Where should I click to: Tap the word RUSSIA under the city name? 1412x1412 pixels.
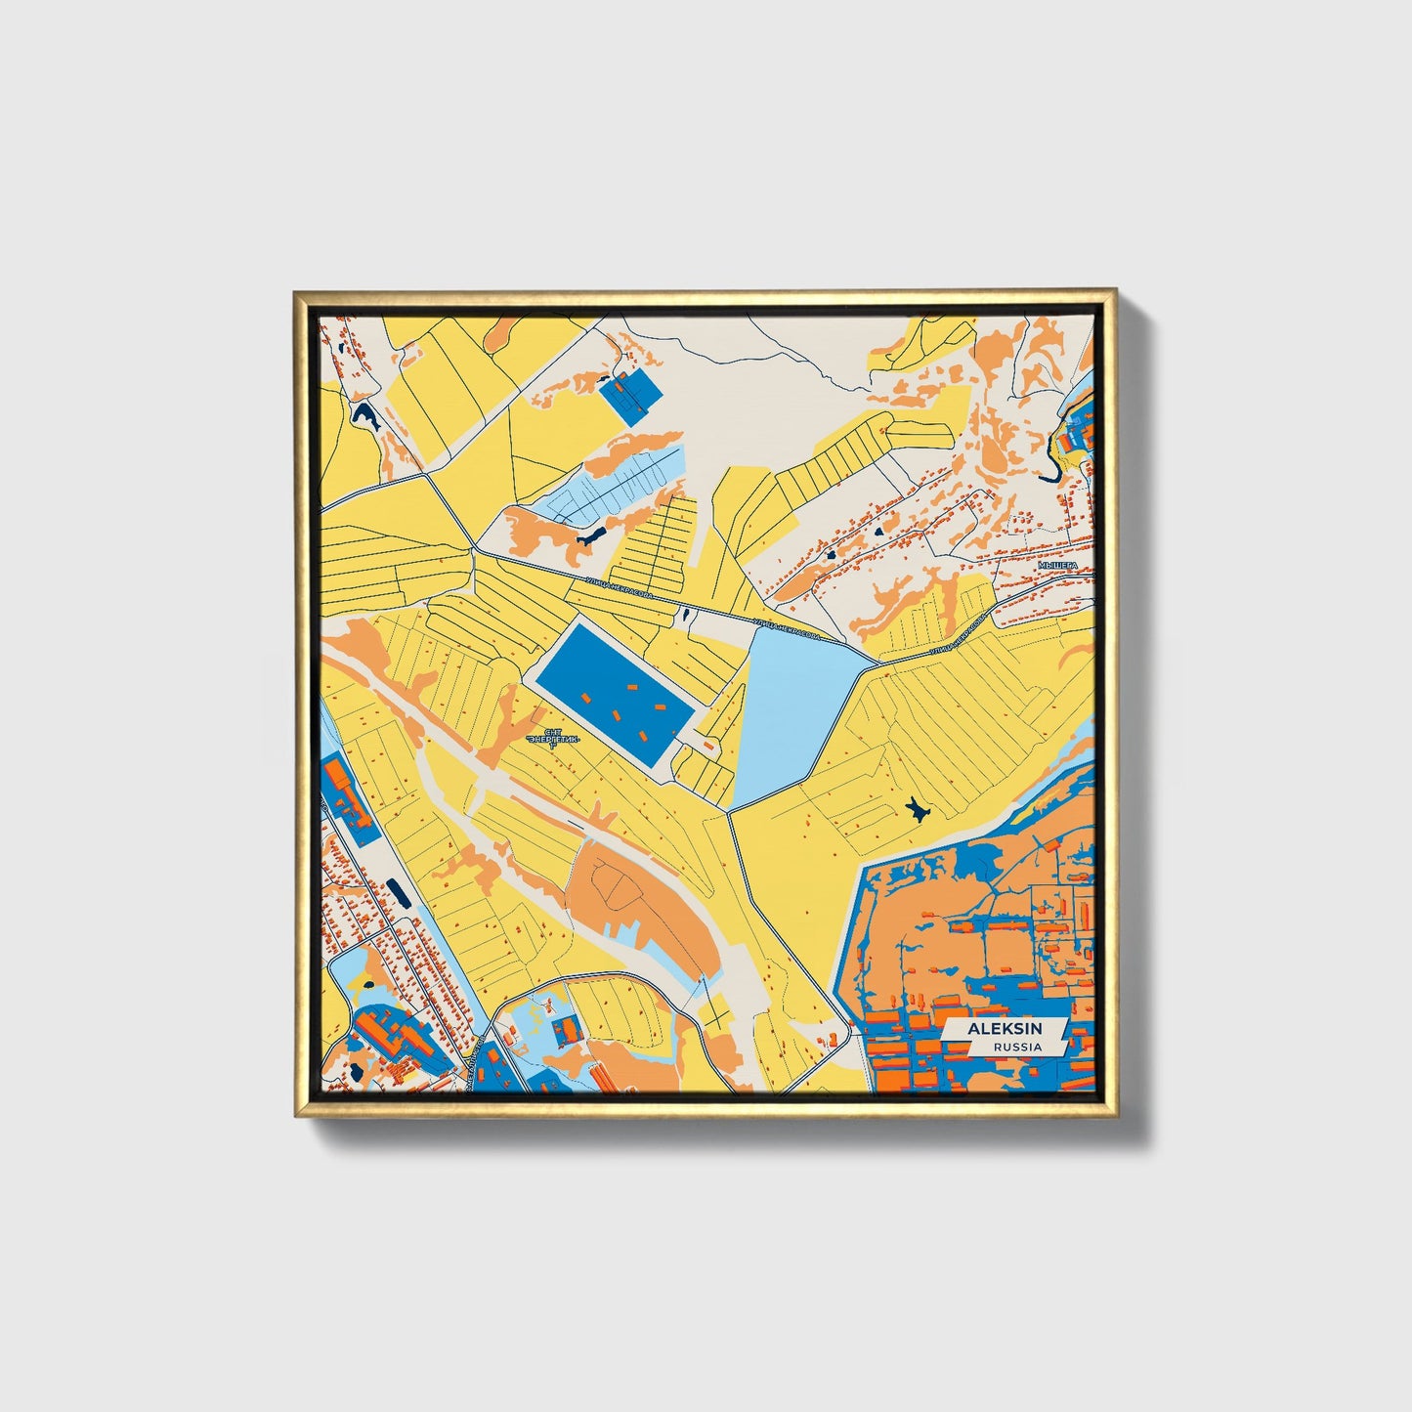tap(1016, 1047)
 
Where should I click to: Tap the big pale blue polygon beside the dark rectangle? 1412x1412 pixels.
tap(787, 713)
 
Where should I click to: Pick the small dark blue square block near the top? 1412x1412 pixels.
tap(629, 395)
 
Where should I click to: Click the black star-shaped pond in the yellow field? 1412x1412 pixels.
tap(917, 809)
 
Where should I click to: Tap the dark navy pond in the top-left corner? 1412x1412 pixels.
tap(366, 417)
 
